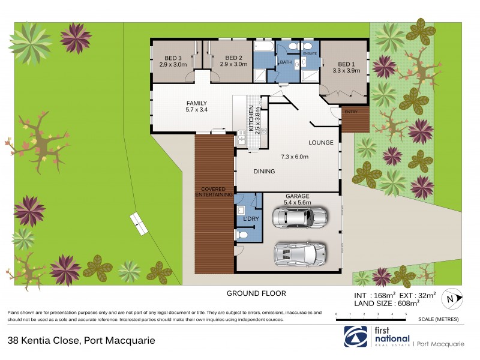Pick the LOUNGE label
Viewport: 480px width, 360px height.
321,143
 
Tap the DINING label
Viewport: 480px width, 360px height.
264,172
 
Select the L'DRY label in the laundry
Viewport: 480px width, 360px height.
251,219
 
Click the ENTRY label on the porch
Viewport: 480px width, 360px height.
350,112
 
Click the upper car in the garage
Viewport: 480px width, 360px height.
300,217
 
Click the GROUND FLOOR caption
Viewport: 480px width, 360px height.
256,293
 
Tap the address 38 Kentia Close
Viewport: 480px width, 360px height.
81,340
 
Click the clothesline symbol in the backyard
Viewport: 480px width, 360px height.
140,224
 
